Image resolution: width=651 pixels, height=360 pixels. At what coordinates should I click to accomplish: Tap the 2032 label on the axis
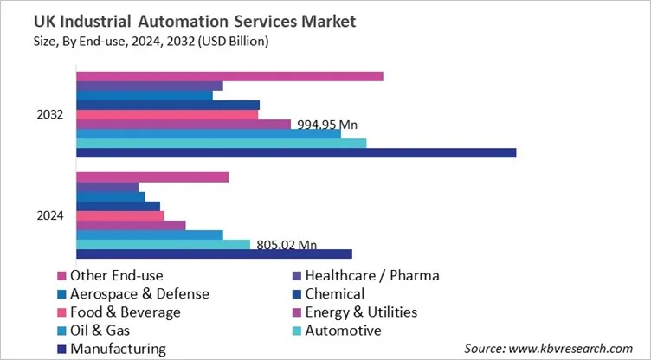click(49, 115)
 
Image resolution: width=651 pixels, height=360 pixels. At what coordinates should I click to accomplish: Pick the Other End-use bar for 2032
click(229, 76)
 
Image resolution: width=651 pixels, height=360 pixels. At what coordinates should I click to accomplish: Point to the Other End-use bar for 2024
click(152, 177)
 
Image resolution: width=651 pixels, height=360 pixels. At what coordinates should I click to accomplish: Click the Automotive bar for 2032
click(221, 143)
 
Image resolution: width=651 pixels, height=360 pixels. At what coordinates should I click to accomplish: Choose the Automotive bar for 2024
click(163, 244)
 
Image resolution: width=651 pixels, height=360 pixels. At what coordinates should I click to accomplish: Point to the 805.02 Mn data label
click(287, 245)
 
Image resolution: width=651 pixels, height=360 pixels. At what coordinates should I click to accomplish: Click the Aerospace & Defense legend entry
click(139, 294)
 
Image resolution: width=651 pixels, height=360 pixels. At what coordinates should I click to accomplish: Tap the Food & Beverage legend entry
click(126, 312)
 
